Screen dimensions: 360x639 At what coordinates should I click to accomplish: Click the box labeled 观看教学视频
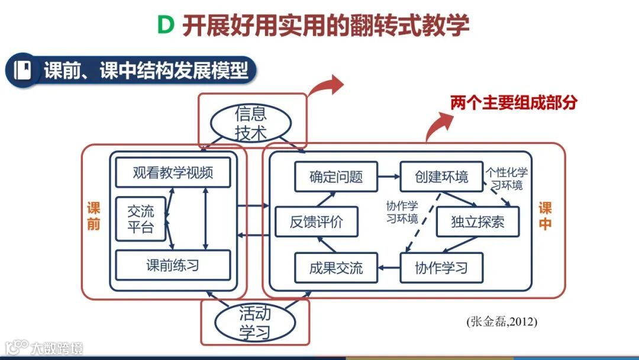[x=173, y=173]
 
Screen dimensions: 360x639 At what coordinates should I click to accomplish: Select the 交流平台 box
[x=141, y=219]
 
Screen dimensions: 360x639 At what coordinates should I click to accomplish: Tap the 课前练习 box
[x=173, y=265]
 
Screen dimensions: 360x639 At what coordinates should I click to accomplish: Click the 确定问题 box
[x=336, y=176]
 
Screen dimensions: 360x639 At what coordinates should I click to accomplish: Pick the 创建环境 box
[x=441, y=176]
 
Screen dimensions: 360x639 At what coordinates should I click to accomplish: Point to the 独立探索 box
[x=477, y=223]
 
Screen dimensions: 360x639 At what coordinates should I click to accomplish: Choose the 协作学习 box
[x=441, y=268]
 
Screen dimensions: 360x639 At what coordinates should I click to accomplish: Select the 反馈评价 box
[x=316, y=223]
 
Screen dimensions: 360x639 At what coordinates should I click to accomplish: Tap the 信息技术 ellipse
[x=251, y=123]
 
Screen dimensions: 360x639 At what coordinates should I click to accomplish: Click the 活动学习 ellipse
[x=255, y=322]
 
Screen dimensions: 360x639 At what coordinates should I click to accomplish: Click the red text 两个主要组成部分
[x=514, y=102]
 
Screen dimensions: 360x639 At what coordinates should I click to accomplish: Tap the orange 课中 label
[x=545, y=216]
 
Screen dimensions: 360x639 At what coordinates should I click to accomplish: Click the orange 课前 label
[x=93, y=216]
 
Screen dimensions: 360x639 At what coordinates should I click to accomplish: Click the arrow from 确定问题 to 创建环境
[x=389, y=176]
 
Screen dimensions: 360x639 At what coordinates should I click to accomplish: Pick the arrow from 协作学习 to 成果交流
[x=389, y=268]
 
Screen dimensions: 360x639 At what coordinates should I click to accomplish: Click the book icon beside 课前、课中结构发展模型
[x=22, y=70]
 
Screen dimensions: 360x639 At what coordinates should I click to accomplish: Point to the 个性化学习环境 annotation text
[x=506, y=179]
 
